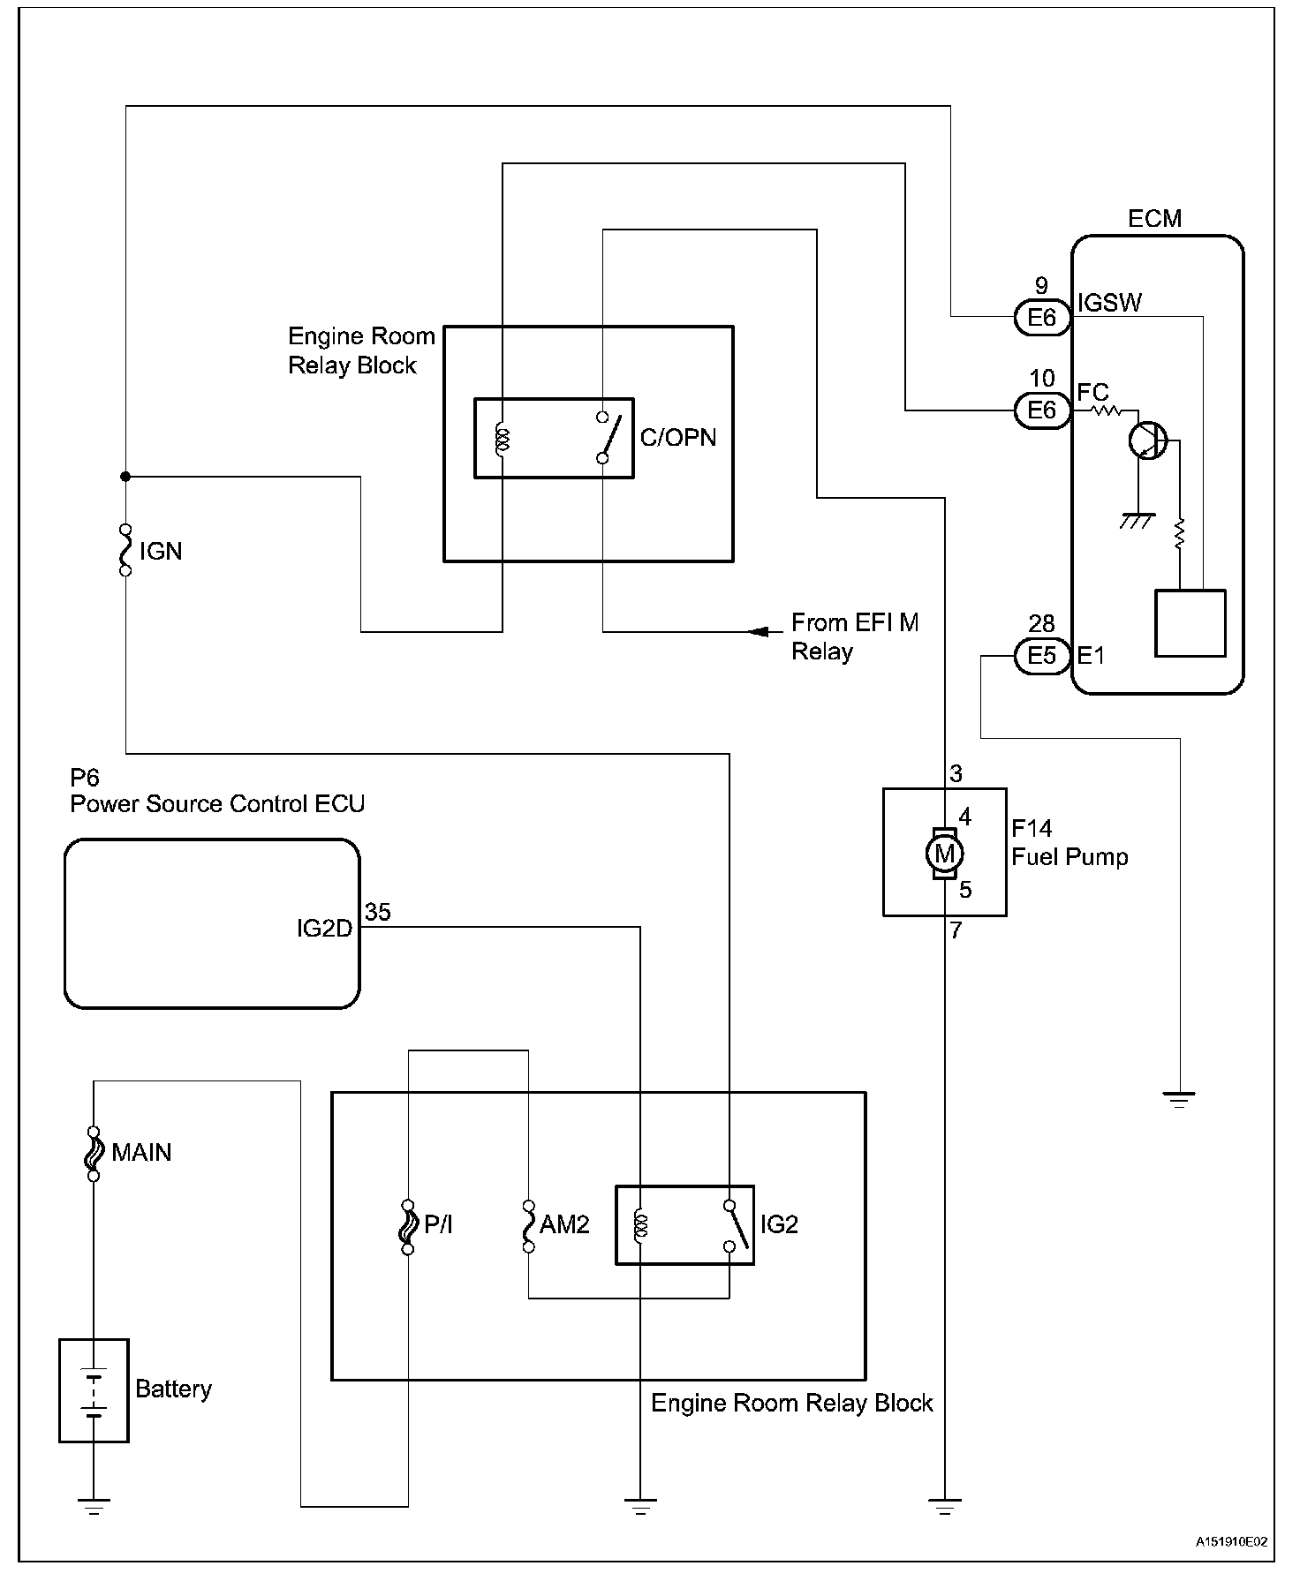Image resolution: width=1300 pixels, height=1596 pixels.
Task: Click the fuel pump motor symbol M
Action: (x=944, y=854)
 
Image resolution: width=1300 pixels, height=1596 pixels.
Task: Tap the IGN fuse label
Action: (x=161, y=552)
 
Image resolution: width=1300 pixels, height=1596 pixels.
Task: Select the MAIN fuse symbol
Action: (x=94, y=1153)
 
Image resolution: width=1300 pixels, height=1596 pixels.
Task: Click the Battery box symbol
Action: (x=94, y=1389)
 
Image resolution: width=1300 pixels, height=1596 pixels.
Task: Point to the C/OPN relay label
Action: (x=678, y=438)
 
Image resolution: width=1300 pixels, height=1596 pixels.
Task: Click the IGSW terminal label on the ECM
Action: (x=1109, y=303)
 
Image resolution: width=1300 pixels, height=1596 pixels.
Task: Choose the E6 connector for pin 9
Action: (x=1042, y=318)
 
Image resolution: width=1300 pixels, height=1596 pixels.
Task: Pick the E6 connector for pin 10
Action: (x=1042, y=410)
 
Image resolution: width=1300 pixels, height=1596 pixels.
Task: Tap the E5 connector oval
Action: (x=1042, y=656)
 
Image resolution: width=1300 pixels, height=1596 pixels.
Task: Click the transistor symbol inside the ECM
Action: (x=1148, y=440)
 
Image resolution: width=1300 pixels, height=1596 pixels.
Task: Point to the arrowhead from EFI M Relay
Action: (x=758, y=631)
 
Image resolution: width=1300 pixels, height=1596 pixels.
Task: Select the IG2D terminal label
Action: (x=324, y=929)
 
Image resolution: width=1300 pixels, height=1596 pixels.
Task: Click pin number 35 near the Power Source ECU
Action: (x=378, y=912)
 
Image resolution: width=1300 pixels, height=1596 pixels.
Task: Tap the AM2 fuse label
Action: (x=564, y=1224)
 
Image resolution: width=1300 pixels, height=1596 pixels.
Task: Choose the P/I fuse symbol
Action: (x=408, y=1226)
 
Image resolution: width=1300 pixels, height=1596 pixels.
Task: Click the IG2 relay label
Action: (x=779, y=1224)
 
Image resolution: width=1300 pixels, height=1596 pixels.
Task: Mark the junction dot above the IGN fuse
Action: (x=125, y=477)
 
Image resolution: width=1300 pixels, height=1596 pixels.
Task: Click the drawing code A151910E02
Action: (x=1231, y=1542)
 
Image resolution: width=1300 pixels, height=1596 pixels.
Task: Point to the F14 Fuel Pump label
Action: (x=1069, y=843)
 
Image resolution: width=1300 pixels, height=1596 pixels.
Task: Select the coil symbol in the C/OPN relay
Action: (x=503, y=439)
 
